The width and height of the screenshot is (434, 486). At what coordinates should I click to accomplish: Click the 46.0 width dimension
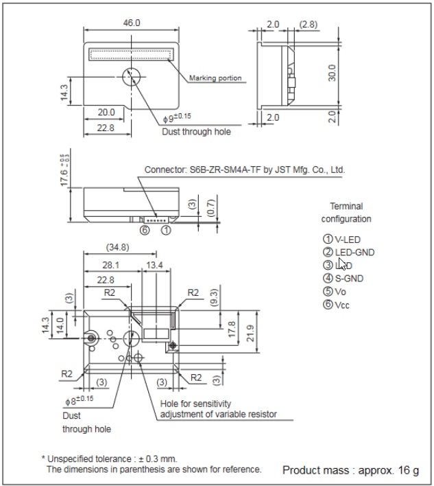(x=131, y=23)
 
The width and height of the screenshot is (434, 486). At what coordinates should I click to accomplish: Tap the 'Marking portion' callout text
(x=215, y=78)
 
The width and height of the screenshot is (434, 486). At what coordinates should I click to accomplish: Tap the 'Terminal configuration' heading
(x=346, y=212)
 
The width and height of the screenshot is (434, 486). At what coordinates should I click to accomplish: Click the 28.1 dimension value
(x=110, y=264)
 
